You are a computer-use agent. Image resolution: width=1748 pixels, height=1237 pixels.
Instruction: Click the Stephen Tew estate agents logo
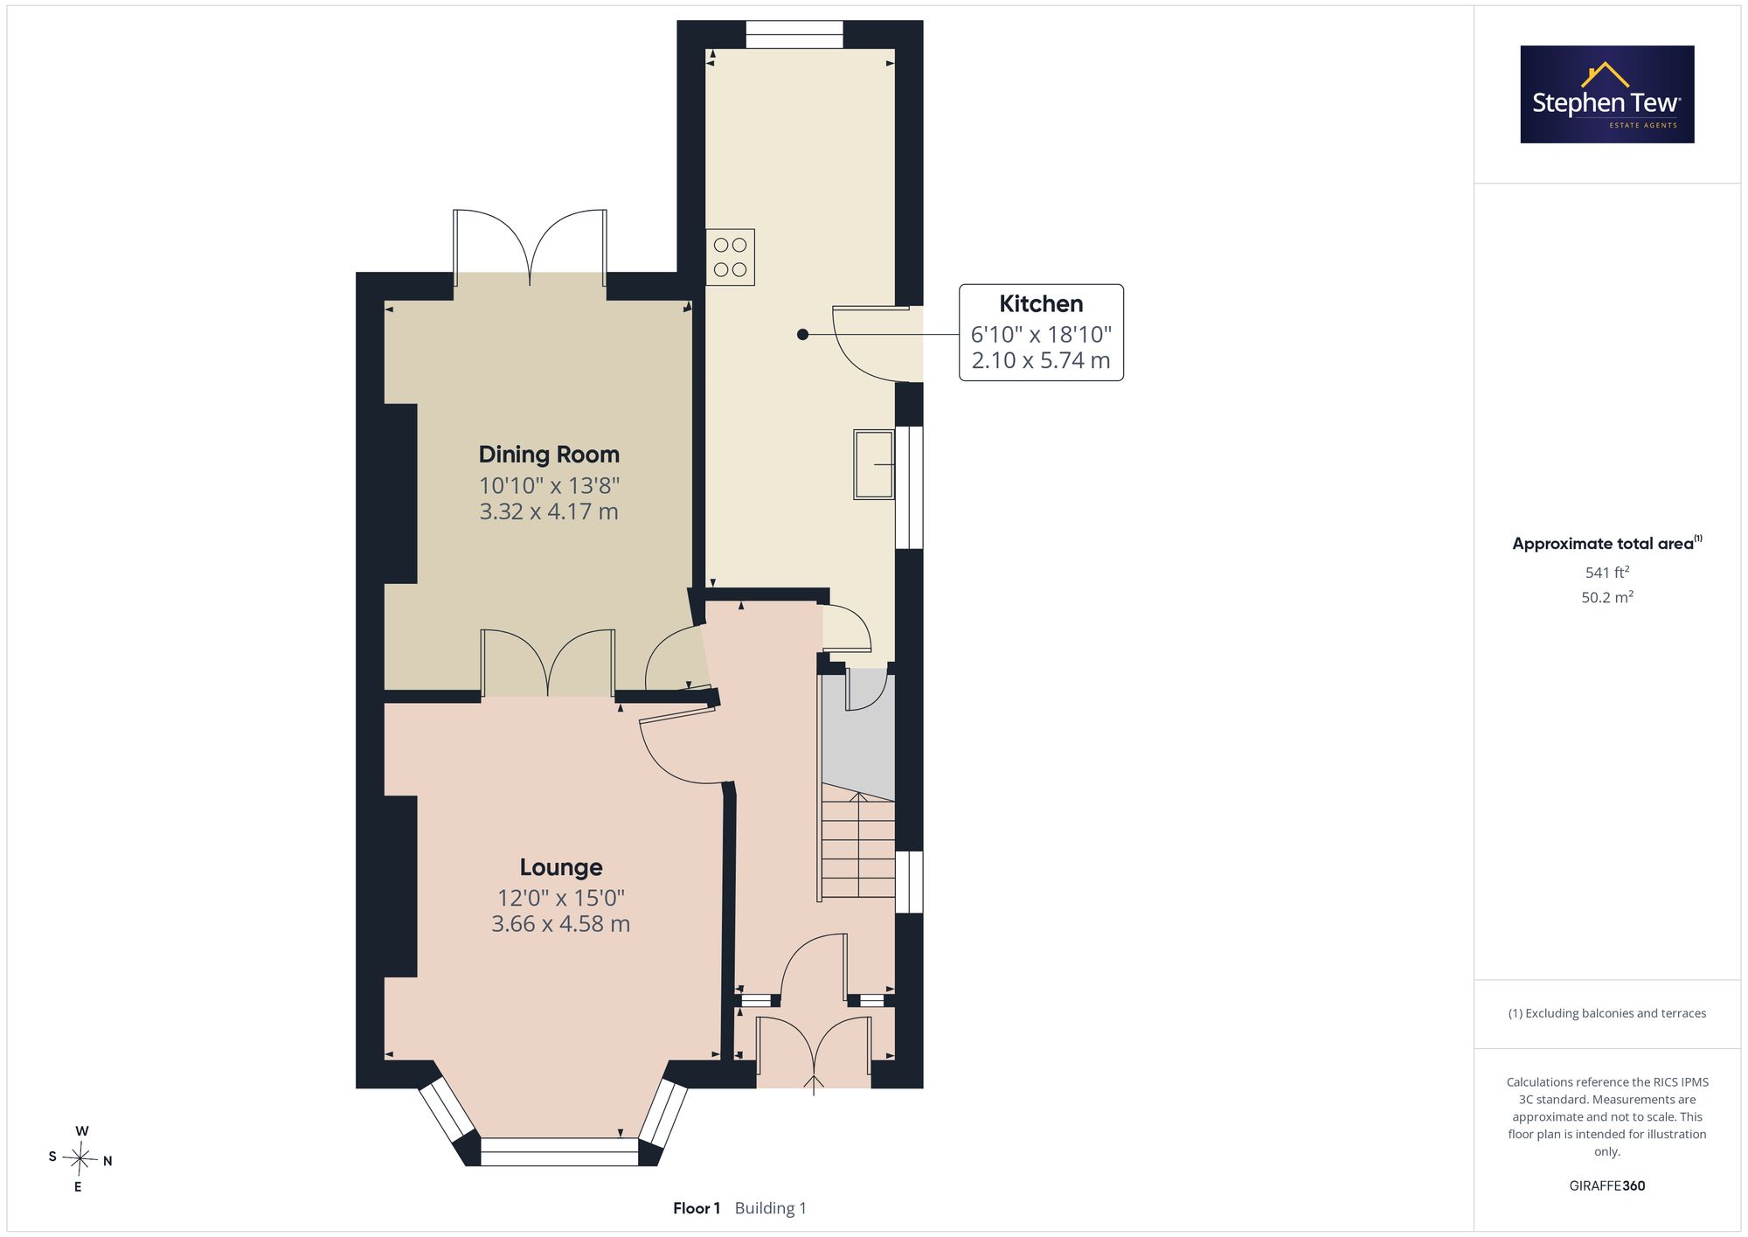coord(1607,94)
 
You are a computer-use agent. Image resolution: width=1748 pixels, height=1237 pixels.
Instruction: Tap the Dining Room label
coord(549,455)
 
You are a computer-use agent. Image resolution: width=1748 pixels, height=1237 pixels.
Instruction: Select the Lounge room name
coord(561,867)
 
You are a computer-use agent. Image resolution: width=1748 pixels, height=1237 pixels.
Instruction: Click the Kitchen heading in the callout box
coord(1041,304)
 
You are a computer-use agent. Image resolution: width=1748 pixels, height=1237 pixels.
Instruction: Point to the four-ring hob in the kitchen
coord(730,257)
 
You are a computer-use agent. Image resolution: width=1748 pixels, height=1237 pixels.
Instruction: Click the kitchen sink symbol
coord(874,464)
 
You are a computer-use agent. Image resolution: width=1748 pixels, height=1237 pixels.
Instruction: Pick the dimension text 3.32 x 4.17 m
coord(549,511)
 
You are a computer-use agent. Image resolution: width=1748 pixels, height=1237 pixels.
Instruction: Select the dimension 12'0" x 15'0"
coord(561,898)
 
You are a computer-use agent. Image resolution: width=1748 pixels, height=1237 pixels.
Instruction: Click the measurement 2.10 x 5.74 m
coord(1041,360)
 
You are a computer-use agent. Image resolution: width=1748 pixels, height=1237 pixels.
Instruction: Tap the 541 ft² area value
coord(1607,573)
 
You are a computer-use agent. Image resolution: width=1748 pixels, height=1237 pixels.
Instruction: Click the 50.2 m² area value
coord(1607,597)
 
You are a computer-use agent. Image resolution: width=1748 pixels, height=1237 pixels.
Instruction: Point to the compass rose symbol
coord(80,1159)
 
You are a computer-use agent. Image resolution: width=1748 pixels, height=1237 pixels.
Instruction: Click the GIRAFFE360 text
coord(1607,1186)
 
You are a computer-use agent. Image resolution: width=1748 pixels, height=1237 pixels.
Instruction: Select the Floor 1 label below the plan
coord(697,1208)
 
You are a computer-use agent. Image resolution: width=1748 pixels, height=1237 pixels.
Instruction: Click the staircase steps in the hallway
coord(858,845)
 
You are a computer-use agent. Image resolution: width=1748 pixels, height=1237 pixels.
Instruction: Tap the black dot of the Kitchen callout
coord(802,334)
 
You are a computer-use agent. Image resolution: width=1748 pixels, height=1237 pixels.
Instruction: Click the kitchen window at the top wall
coord(794,35)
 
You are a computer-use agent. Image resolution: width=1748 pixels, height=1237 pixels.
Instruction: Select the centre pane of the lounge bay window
coord(559,1151)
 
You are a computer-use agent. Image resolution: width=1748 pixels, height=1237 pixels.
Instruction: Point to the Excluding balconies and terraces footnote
coord(1607,1013)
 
